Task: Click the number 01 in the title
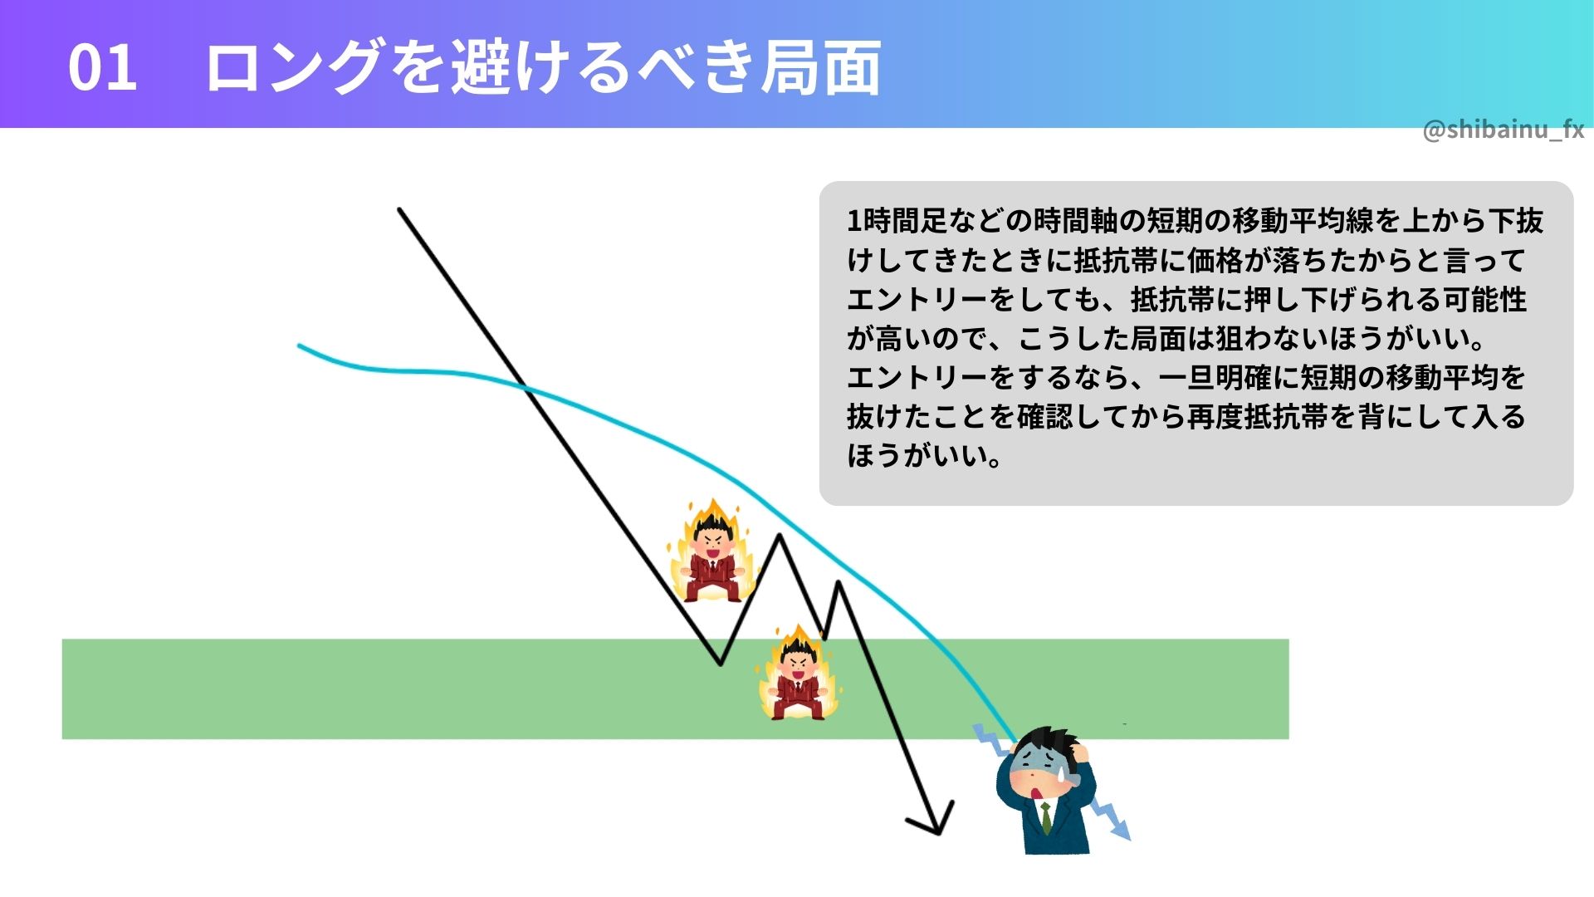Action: [x=102, y=67]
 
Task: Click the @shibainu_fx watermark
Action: [x=1503, y=130]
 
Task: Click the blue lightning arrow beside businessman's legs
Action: [x=1110, y=818]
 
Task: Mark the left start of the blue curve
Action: [x=299, y=346]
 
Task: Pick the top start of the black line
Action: [x=399, y=209]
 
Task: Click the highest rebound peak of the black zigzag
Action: [x=780, y=535]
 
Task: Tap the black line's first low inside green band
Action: [x=721, y=664]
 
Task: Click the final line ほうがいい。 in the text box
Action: [x=925, y=455]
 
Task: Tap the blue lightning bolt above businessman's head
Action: [x=991, y=739]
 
